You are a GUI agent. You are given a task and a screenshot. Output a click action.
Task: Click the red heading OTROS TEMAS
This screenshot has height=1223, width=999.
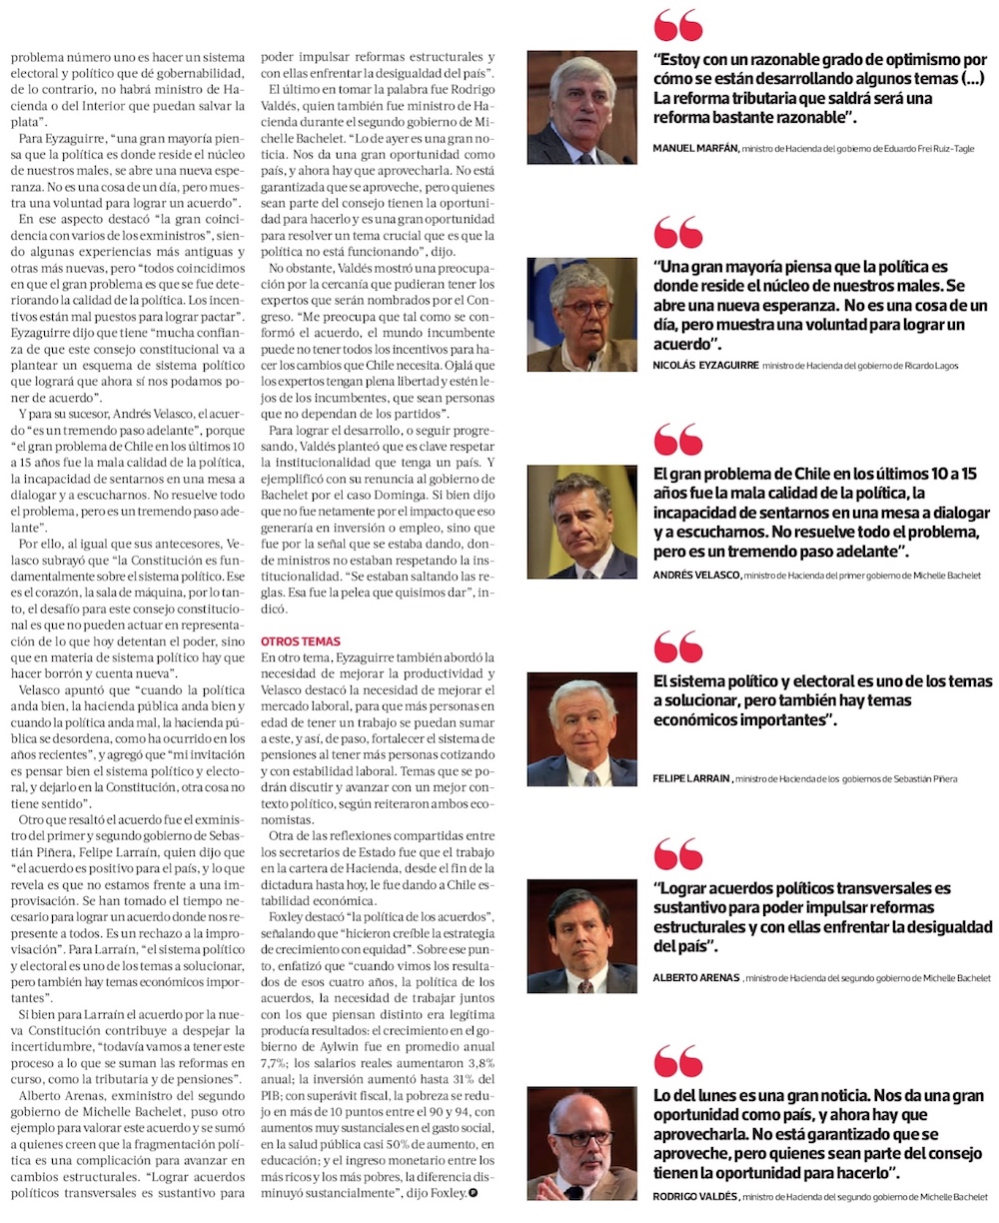coord(301,641)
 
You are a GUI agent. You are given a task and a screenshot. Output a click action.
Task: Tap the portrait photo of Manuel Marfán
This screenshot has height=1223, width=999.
coord(582,108)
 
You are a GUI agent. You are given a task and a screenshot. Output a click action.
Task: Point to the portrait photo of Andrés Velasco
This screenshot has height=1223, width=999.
coord(582,522)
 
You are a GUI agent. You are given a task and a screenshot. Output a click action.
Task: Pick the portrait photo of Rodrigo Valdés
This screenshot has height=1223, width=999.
coord(582,1143)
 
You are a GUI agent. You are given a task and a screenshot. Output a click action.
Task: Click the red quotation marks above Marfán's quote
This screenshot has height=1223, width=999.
coord(678,26)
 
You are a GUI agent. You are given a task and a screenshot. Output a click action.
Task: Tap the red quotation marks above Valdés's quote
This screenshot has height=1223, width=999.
coord(678,1061)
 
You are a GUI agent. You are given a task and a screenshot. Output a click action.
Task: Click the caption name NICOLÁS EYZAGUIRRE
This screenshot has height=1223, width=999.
coord(704,366)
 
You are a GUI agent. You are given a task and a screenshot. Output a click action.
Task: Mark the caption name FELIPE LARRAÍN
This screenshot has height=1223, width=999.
coord(691,778)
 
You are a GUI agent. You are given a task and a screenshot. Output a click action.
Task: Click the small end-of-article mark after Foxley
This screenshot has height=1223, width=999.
coord(474,1193)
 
